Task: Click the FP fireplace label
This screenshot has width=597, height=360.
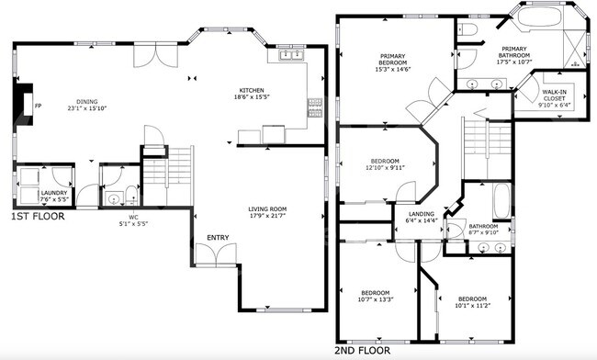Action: [38, 106]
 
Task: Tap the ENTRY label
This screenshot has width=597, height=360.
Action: [218, 238]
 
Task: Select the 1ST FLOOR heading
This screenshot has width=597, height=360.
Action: [38, 217]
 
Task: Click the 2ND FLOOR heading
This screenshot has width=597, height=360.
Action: [362, 351]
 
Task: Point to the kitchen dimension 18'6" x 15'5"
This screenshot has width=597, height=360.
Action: [252, 97]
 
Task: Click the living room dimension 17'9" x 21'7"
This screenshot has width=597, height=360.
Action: [267, 216]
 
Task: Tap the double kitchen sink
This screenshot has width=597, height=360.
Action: [292, 55]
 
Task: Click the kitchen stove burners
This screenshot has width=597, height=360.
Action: [315, 107]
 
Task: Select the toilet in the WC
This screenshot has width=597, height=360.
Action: [131, 195]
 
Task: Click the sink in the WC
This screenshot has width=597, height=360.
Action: [114, 198]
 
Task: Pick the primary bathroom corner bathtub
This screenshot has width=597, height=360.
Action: [539, 17]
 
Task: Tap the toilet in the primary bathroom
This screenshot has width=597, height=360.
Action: [467, 28]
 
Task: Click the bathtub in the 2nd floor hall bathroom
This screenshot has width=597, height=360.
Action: [501, 201]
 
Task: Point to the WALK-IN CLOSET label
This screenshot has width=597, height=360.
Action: [554, 96]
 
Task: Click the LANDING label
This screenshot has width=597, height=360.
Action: [422, 214]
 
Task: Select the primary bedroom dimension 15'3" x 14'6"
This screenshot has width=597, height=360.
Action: [393, 69]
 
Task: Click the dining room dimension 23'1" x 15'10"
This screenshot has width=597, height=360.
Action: [87, 108]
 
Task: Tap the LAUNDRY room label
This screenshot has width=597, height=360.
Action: [54, 193]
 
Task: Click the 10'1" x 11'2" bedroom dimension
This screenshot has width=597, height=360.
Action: [472, 305]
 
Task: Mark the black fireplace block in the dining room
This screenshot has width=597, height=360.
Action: [22, 104]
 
